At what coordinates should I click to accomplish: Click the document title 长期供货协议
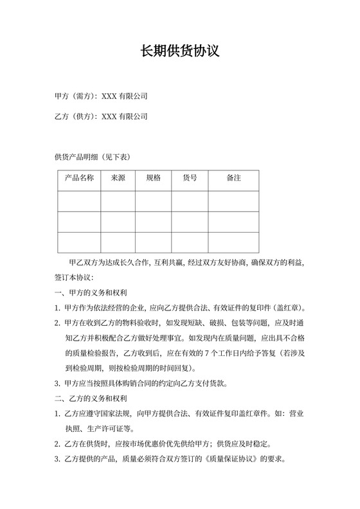pos(180,51)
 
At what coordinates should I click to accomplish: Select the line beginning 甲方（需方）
pos(102,96)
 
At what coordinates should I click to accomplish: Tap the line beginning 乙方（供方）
pos(102,117)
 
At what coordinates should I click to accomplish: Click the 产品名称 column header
pos(80,178)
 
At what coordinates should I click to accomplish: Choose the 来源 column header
pos(118,178)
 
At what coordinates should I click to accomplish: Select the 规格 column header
pos(154,178)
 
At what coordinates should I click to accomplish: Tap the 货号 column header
pos(190,178)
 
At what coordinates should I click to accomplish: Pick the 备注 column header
pos(233,178)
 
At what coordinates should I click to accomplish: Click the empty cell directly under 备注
pos(233,201)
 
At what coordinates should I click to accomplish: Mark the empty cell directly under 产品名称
pos(80,201)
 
